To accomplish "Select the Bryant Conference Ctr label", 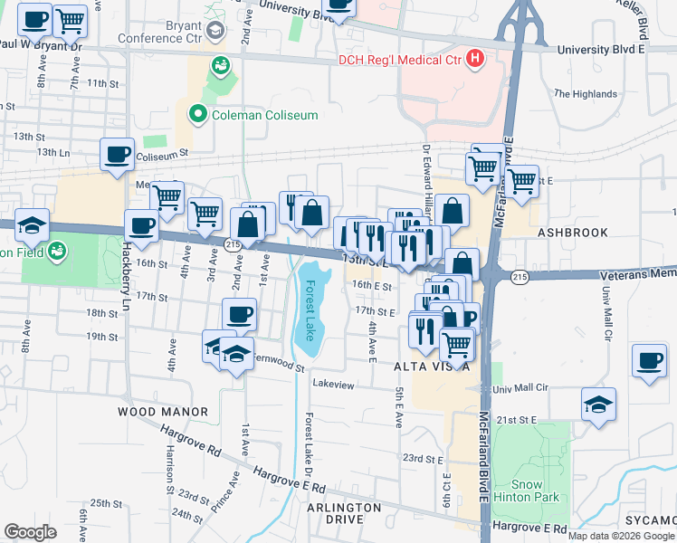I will pos(172,33).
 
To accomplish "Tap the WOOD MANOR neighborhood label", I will pos(163,412).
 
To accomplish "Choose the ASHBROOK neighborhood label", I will pos(573,233).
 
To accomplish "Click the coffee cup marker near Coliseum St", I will pos(117,155).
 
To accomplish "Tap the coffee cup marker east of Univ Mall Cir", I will pos(649,361).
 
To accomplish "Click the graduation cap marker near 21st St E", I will pos(599,405).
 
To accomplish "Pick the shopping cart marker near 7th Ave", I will pos(70,20).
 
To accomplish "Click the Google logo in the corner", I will pos(30,532).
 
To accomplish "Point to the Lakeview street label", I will pos(333,385).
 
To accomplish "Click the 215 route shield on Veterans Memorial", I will pos(519,276).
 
